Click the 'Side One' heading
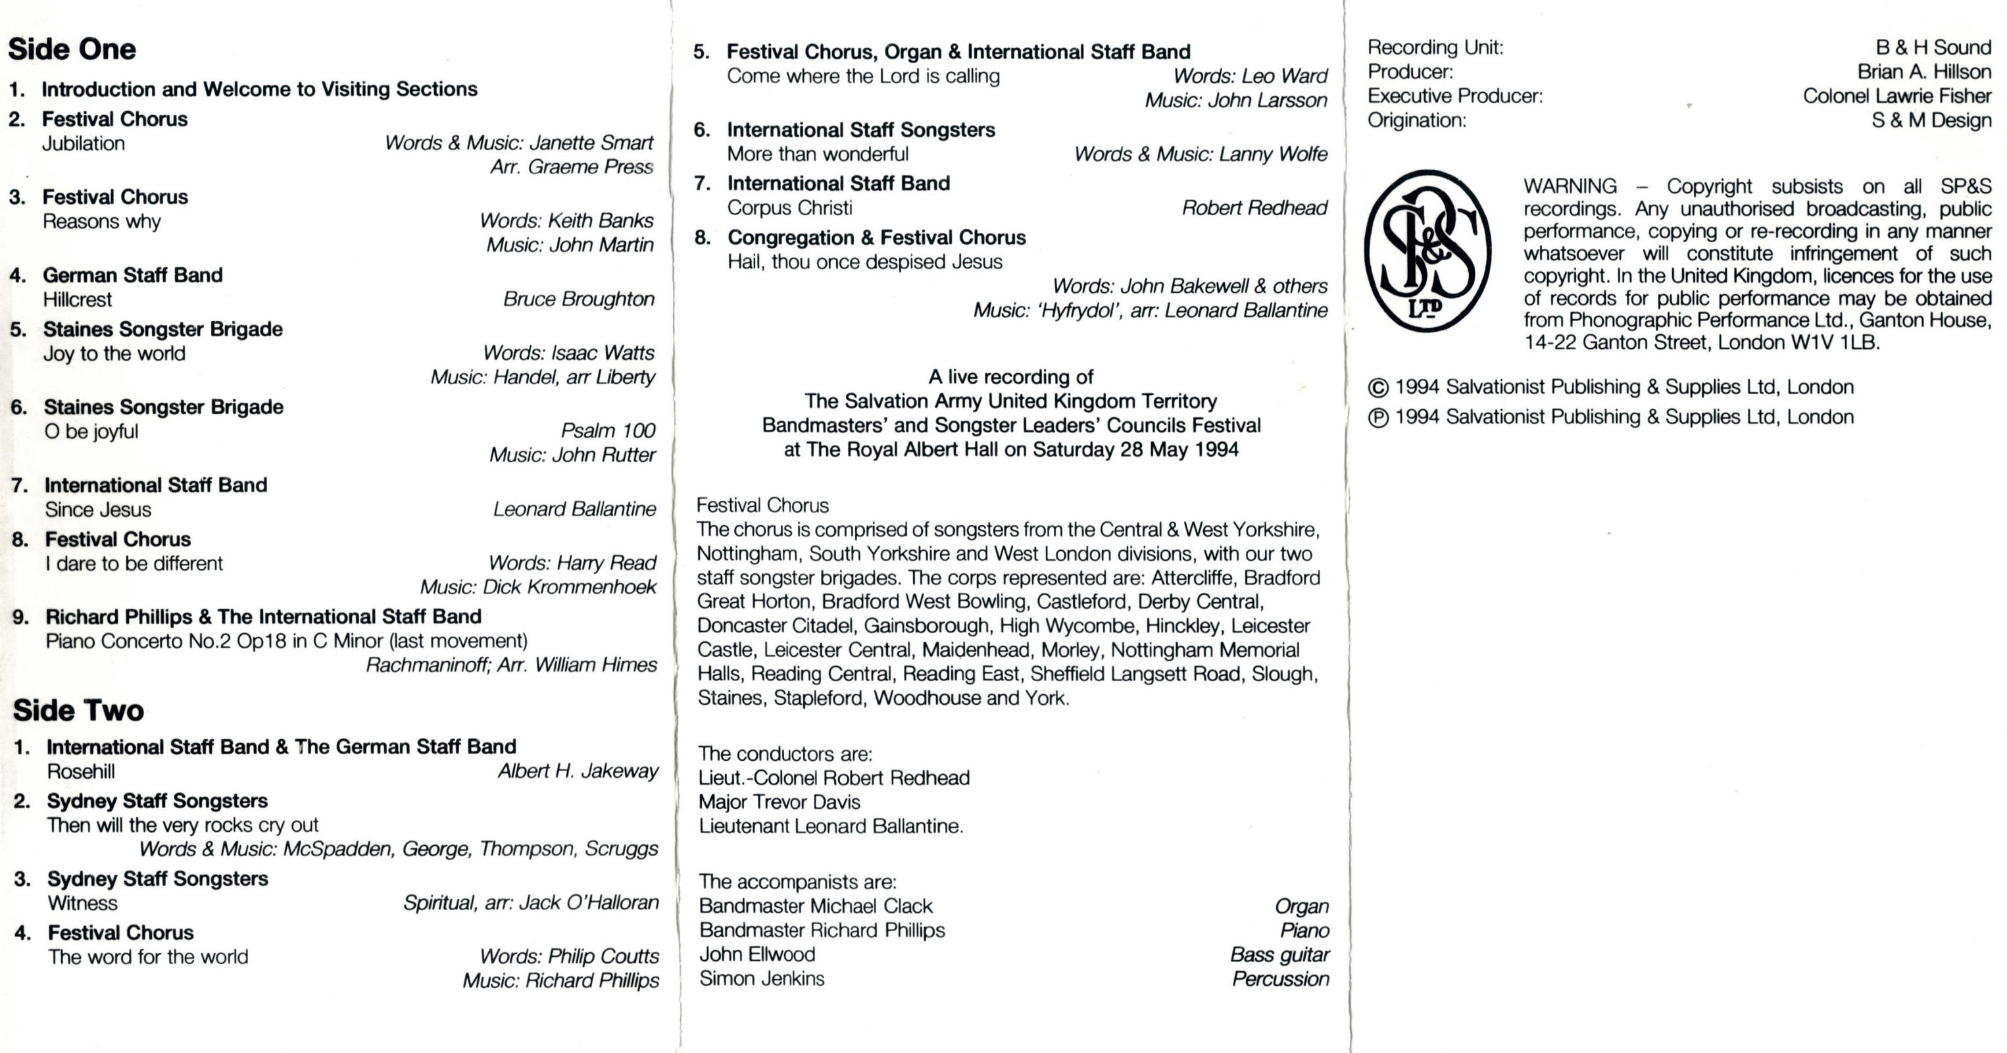point(72,49)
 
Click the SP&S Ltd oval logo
point(1427,251)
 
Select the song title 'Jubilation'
point(84,143)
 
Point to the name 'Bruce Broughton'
point(578,299)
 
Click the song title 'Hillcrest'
point(77,300)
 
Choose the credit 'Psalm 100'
point(608,431)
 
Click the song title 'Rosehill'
point(80,771)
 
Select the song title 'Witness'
point(83,904)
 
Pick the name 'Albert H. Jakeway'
point(578,771)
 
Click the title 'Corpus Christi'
point(789,208)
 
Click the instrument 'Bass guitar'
point(1279,955)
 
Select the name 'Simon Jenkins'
point(761,978)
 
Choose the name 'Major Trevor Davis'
point(779,802)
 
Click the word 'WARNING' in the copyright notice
point(1570,187)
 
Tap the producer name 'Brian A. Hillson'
point(1923,72)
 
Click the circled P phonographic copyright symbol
point(1378,418)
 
